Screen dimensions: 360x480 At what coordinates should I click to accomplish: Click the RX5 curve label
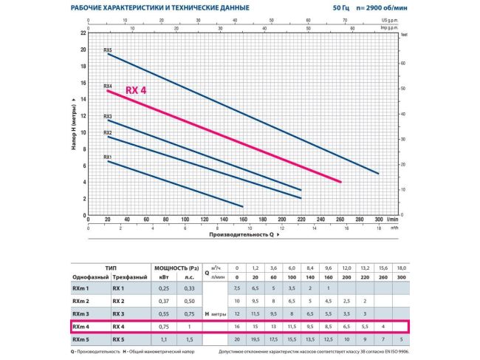[108, 50]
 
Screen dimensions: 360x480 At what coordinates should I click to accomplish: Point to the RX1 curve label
[108, 157]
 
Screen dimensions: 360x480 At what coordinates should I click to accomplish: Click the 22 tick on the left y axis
[83, 33]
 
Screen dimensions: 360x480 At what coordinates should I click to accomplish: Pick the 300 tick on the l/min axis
[379, 220]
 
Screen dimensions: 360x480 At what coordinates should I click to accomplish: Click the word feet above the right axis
[403, 34]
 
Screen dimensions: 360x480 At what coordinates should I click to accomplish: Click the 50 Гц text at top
[342, 8]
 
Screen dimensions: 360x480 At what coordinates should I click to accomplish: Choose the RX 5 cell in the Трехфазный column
[119, 339]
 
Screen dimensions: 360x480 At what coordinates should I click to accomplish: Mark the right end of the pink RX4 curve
[340, 182]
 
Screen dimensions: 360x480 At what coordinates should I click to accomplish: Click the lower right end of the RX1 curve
[243, 206]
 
